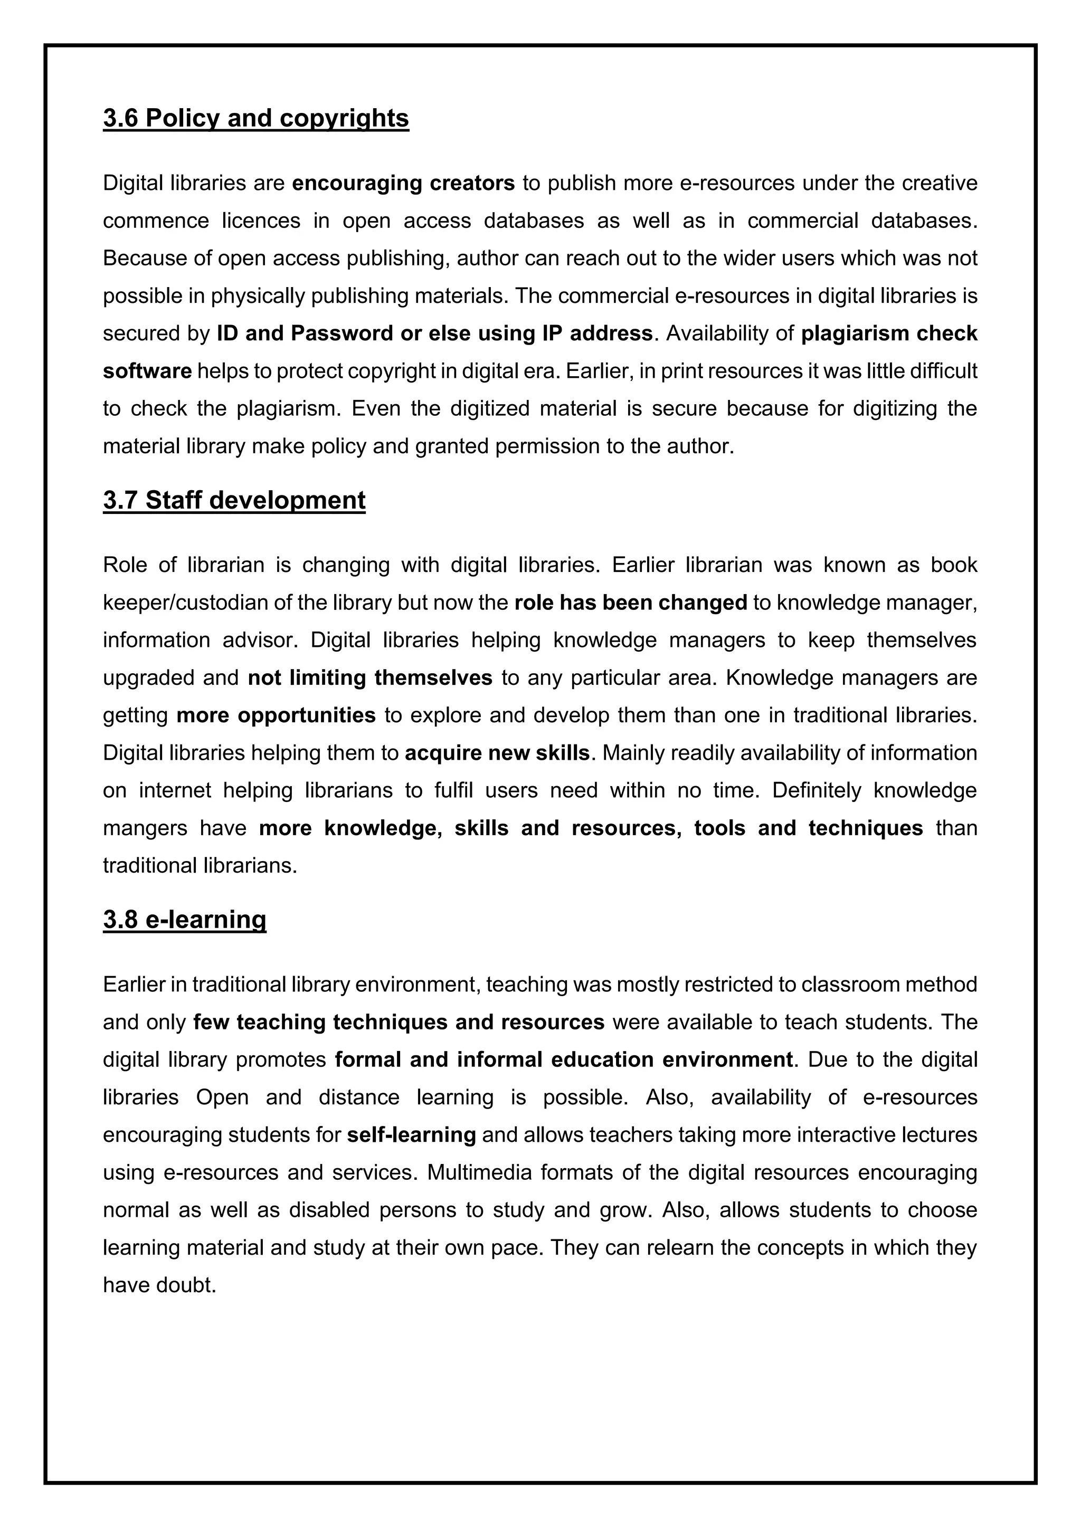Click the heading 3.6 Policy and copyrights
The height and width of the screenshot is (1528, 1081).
click(x=255, y=119)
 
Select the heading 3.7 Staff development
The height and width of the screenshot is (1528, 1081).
click(x=234, y=500)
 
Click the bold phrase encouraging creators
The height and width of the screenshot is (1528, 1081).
click(x=403, y=183)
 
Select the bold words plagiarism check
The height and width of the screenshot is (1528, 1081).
click(x=889, y=333)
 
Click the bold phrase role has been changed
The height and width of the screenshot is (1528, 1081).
click(x=630, y=602)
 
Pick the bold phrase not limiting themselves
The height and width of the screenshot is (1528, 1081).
click(x=369, y=677)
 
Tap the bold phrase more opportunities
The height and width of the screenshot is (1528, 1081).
click(x=276, y=715)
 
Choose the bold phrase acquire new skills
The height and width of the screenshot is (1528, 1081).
click(x=497, y=753)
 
